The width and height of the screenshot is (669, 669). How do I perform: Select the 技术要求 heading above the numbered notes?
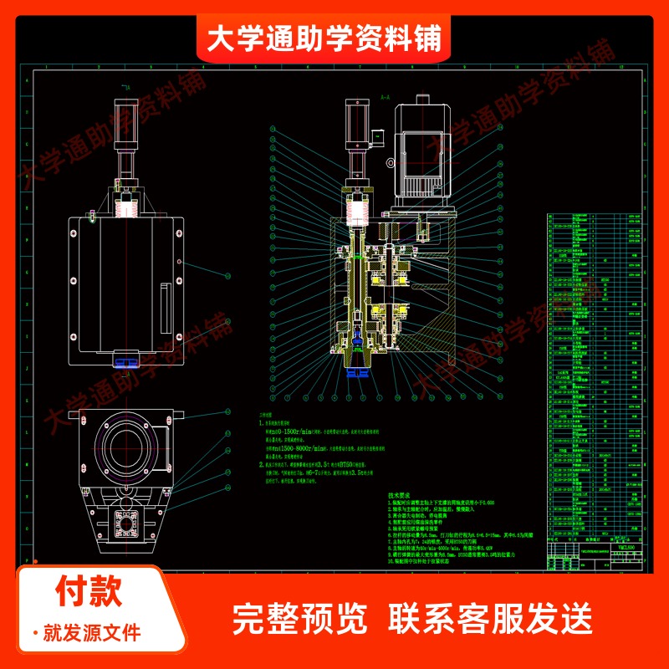click(x=401, y=495)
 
